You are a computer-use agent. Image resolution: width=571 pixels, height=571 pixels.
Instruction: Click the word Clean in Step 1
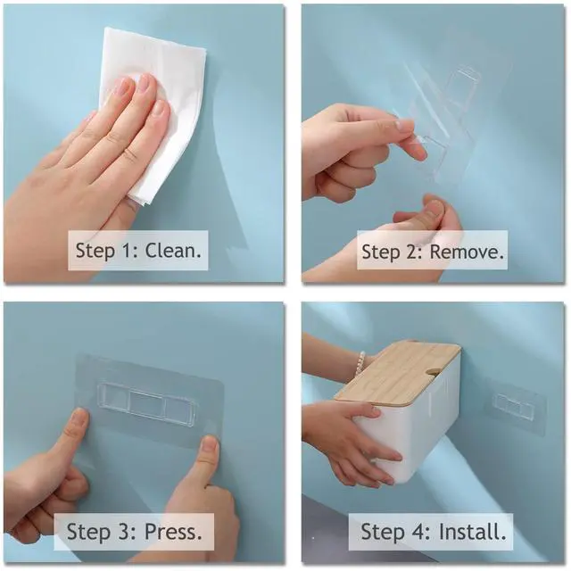[x=173, y=251]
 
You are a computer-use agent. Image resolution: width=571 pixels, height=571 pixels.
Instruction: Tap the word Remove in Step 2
[x=467, y=252]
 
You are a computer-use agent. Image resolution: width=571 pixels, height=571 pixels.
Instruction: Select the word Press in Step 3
[x=173, y=532]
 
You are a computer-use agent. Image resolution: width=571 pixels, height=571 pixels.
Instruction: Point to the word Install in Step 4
[x=473, y=532]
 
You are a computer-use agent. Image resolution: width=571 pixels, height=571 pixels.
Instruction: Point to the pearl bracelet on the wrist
[x=360, y=367]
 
